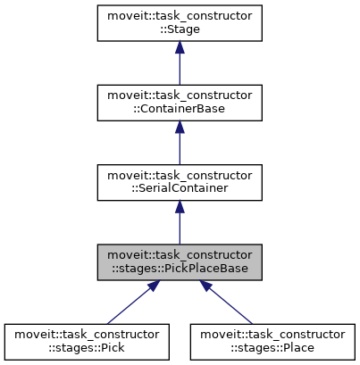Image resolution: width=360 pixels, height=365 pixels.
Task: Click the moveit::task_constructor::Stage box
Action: click(180, 23)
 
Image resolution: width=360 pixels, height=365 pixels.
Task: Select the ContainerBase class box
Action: click(180, 102)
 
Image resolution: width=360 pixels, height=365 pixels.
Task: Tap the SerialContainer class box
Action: click(180, 181)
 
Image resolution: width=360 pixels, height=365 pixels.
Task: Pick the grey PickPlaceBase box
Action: click(180, 261)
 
